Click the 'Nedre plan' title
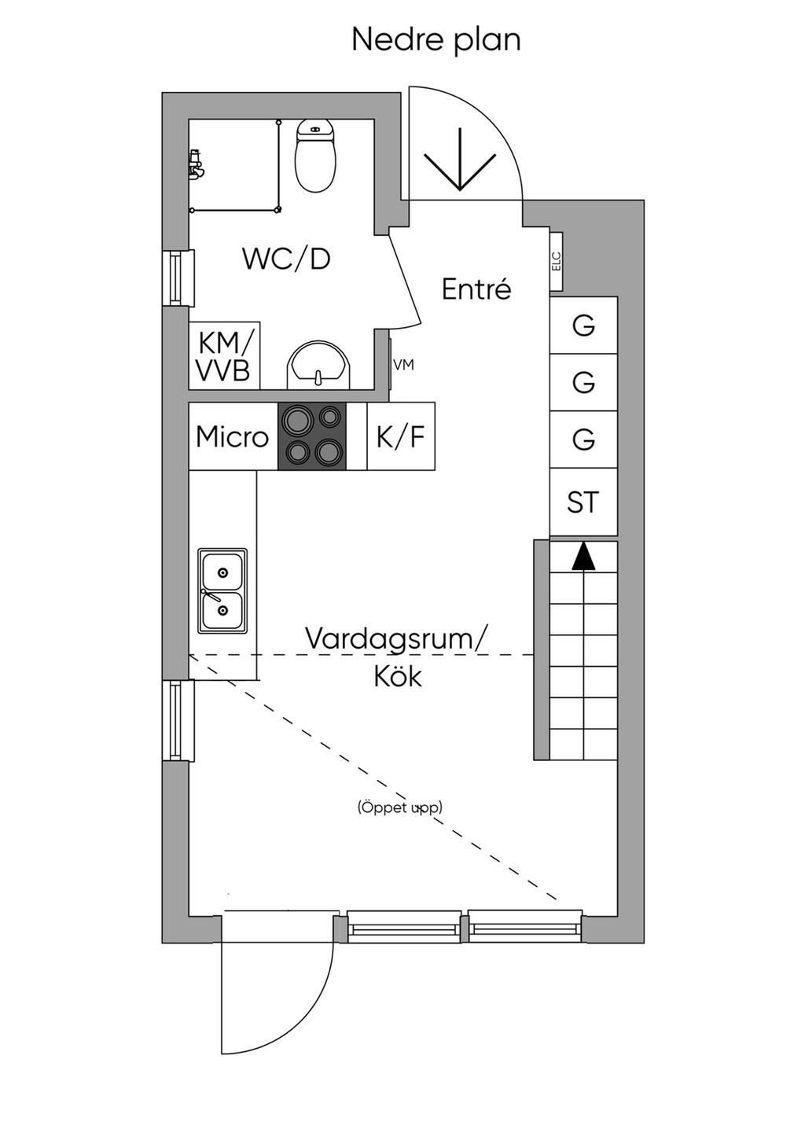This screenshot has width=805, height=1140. pyautogui.click(x=436, y=39)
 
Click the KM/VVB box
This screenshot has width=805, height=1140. pyautogui.click(x=224, y=356)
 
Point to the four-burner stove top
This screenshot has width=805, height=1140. pyautogui.click(x=312, y=436)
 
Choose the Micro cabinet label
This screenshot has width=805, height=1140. pyautogui.click(x=232, y=436)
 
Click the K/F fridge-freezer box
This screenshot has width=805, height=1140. pyautogui.click(x=401, y=436)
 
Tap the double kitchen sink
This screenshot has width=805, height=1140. pyautogui.click(x=222, y=590)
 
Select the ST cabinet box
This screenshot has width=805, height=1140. pyautogui.click(x=583, y=502)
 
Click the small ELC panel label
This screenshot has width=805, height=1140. pyautogui.click(x=557, y=260)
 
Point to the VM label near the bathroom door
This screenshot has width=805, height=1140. pyautogui.click(x=403, y=365)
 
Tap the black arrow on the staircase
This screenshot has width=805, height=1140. pyautogui.click(x=583, y=557)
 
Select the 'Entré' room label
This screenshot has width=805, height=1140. pyautogui.click(x=476, y=289)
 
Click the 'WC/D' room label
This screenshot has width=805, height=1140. pyautogui.click(x=286, y=259)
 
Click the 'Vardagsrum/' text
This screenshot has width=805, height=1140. pyautogui.click(x=396, y=638)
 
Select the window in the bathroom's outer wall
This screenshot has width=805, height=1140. pyautogui.click(x=178, y=278)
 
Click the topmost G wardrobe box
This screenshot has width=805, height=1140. pyautogui.click(x=583, y=325)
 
